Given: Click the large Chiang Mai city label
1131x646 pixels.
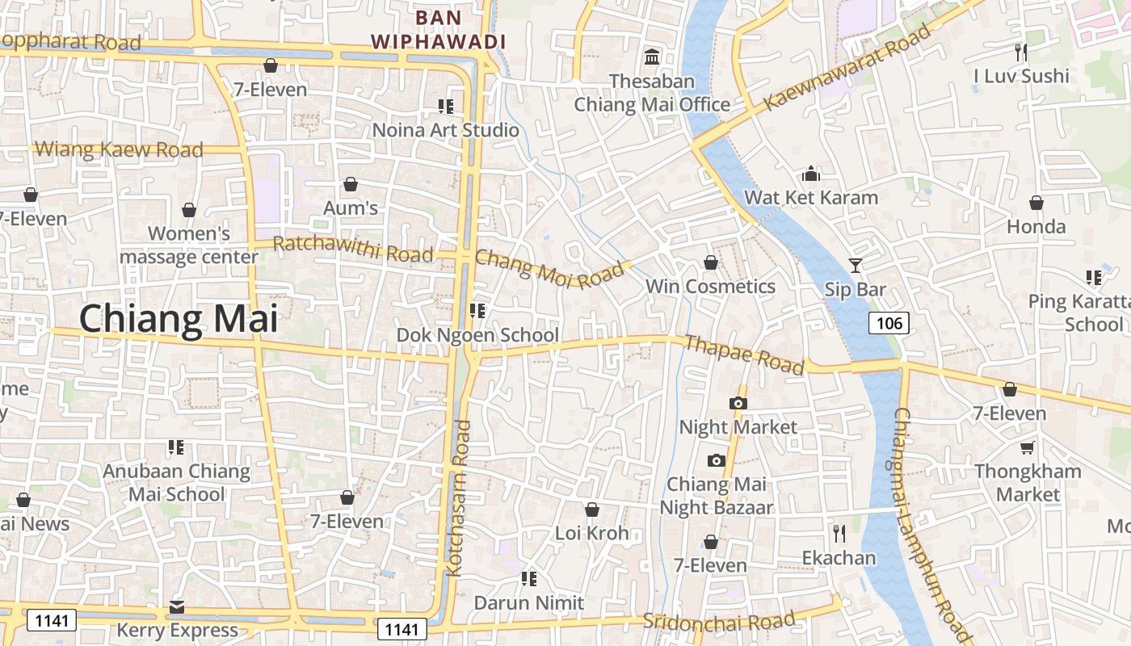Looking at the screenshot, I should (178, 318).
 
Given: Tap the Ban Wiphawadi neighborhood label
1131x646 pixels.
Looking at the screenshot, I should (438, 29).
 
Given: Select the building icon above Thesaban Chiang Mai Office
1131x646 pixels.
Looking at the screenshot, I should (651, 57).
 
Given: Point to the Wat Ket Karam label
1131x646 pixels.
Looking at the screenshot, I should (810, 197).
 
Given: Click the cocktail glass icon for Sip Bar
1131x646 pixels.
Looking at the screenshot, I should (856, 265).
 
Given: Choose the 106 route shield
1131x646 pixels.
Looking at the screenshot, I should (889, 324).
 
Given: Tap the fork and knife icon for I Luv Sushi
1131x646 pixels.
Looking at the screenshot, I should (1021, 52).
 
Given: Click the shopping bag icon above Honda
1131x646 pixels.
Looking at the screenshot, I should (1036, 203).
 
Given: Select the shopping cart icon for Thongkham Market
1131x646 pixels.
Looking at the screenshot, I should (1027, 447).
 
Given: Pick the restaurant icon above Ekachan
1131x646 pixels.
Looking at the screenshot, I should (839, 533).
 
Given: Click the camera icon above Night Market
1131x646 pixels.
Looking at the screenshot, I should (738, 403).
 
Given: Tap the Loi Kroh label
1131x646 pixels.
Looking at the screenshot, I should (591, 534).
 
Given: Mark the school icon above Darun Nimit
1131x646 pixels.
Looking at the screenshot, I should (529, 578).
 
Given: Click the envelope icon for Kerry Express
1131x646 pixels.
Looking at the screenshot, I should (177, 606).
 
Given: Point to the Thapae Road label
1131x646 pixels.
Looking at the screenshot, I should (744, 354).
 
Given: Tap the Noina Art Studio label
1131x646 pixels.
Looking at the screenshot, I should (445, 130).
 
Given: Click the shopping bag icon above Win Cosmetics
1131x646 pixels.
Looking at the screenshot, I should (710, 262).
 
